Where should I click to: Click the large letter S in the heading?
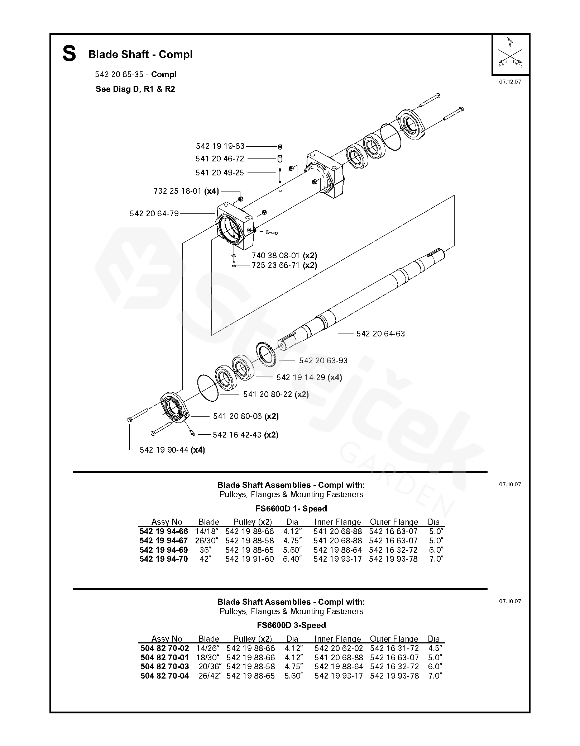coord(69,54)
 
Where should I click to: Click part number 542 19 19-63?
coord(220,146)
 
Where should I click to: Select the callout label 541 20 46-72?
coord(220,159)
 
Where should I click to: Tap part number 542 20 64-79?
coord(154,214)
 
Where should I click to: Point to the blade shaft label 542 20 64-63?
coord(380,334)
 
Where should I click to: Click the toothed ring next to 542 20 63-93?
coord(265,354)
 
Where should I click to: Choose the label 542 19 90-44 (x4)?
coord(172,450)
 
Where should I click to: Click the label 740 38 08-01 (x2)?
coord(284,256)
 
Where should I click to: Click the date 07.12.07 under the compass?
coord(510,82)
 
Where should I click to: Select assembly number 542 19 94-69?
coord(163,550)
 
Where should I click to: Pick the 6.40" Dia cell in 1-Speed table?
coord(292,559)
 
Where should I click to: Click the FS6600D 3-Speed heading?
coord(291,625)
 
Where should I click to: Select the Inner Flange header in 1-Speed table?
coord(337,522)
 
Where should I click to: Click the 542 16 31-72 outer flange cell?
coord(394,648)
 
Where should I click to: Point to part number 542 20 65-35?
coord(119,75)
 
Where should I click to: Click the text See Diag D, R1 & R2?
coord(135,89)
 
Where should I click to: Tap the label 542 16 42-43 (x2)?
coord(245,435)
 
